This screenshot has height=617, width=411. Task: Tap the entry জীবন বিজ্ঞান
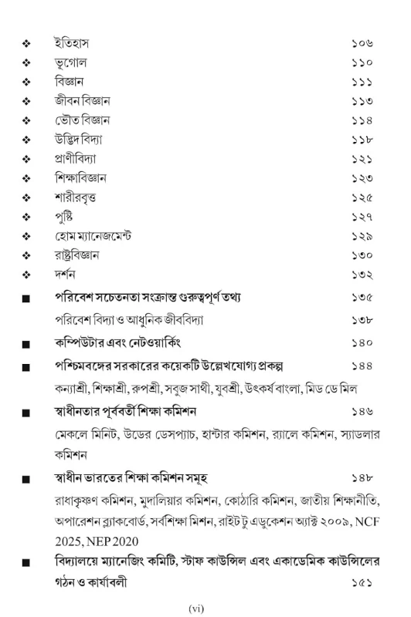pyautogui.click(x=83, y=100)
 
